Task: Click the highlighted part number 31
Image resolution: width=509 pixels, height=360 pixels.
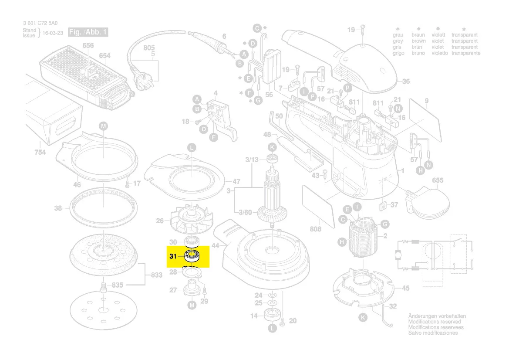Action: (x=173, y=256)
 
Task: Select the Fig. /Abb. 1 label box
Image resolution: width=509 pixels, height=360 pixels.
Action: (x=88, y=33)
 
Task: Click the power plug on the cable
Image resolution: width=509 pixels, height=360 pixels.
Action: (x=143, y=82)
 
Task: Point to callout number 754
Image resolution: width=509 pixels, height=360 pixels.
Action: (x=40, y=152)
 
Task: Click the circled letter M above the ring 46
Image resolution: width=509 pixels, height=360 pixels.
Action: (x=103, y=126)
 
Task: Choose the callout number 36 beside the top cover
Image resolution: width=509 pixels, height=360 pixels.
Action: (x=406, y=82)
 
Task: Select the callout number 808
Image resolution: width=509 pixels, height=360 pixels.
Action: (x=315, y=229)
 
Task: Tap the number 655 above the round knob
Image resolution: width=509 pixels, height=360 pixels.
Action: (x=438, y=180)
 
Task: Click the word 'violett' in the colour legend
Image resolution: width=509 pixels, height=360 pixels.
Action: (x=438, y=35)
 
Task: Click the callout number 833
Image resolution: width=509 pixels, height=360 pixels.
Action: (x=156, y=275)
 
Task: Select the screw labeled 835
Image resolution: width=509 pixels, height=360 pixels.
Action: (x=104, y=287)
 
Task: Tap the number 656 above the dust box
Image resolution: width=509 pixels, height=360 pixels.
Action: (x=88, y=46)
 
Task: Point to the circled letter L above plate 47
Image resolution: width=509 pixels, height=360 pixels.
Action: (x=191, y=148)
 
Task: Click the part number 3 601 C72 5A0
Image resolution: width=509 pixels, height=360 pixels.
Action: (x=40, y=24)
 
